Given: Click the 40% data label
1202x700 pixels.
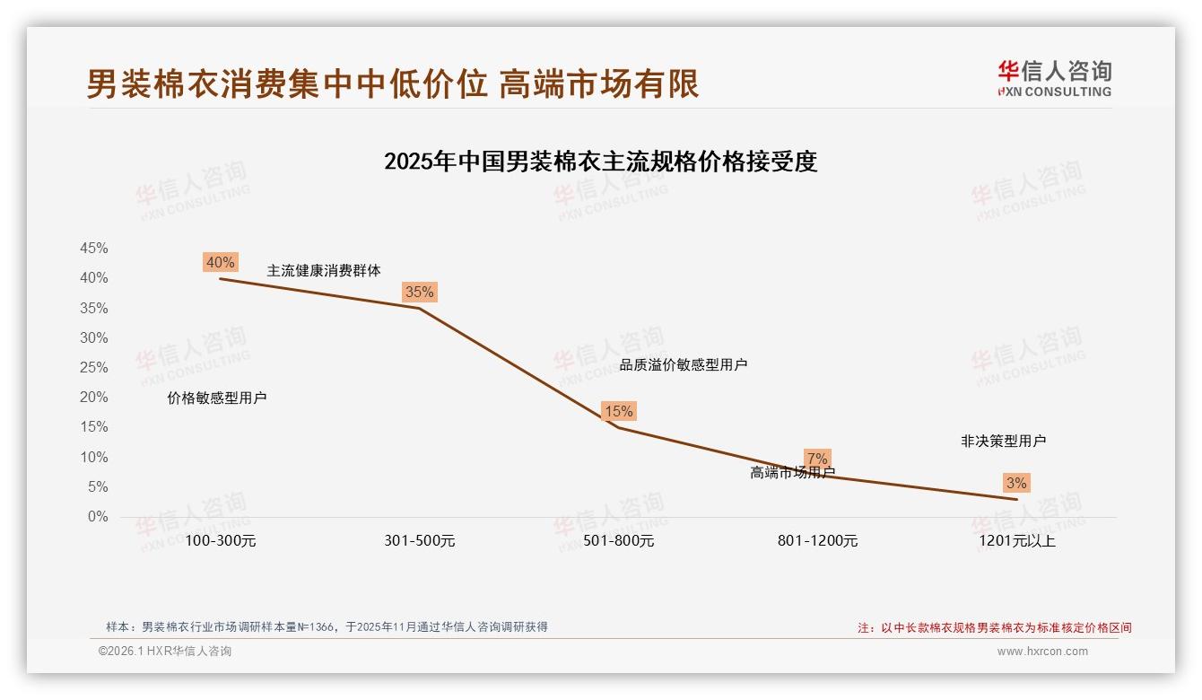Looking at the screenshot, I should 221,262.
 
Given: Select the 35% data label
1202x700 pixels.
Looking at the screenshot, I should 419,292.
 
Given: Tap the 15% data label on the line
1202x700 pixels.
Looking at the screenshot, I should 619,411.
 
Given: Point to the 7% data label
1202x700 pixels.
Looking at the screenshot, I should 817,459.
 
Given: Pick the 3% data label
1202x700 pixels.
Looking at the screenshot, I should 1015,483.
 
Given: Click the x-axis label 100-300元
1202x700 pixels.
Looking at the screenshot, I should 221,541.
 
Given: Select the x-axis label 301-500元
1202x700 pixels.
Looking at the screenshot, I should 420,541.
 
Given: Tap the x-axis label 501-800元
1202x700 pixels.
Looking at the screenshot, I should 619,541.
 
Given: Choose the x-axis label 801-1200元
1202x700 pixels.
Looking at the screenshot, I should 817,541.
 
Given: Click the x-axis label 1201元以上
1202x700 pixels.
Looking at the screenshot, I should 1017,541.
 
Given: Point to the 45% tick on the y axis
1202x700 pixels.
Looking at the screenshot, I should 94,249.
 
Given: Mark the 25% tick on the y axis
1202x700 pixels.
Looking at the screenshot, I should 94,368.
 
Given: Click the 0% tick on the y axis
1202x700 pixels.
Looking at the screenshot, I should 98,517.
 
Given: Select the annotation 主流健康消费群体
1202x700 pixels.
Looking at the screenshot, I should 324,270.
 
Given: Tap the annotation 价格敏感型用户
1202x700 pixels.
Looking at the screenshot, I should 217,398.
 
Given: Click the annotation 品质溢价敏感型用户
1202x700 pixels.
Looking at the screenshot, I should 684,364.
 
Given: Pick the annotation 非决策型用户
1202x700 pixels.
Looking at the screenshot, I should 1003,441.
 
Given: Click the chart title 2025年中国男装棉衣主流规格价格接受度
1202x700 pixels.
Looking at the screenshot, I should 600,162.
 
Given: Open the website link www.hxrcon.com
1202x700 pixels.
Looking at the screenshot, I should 1042,652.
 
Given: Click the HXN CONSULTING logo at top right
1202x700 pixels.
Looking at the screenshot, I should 1054,79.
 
